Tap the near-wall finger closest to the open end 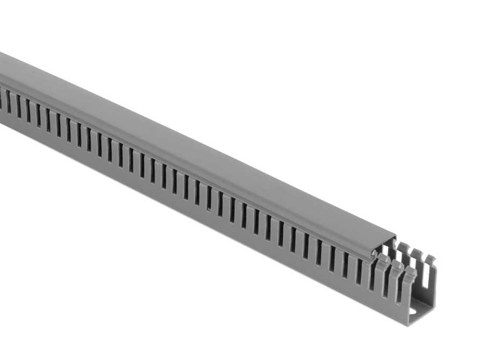point(408,279)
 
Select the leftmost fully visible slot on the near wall point(8,101)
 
